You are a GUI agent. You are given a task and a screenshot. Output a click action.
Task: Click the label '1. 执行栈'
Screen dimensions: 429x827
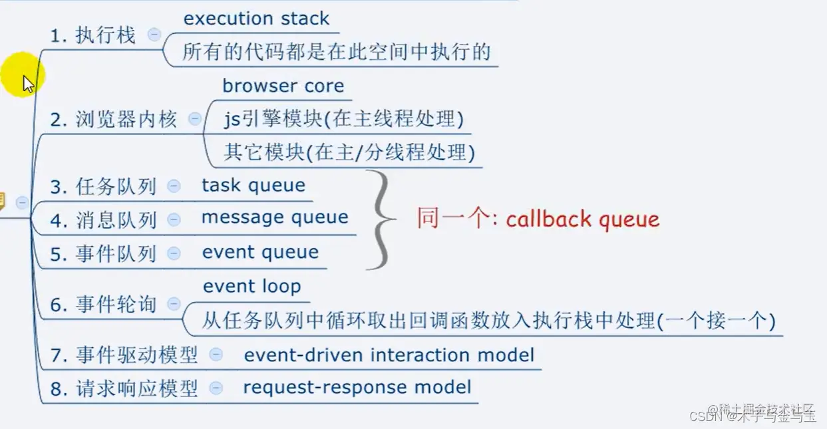click(x=92, y=35)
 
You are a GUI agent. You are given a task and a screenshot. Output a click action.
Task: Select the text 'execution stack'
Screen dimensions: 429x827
click(x=256, y=19)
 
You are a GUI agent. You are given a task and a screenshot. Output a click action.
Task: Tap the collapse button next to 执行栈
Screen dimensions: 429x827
click(x=154, y=35)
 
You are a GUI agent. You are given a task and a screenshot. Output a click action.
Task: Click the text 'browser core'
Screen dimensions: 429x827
click(x=283, y=86)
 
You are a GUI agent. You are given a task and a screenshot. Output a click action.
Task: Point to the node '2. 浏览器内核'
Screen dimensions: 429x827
click(x=114, y=120)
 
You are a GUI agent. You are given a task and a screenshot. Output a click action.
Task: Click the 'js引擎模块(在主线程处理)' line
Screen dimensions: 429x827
click(x=343, y=120)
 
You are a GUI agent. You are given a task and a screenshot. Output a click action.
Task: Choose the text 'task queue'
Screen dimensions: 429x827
click(x=253, y=186)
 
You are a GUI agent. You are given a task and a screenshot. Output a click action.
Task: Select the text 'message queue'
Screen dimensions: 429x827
click(x=274, y=217)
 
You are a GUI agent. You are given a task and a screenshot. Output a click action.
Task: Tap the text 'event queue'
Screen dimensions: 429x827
click(x=260, y=252)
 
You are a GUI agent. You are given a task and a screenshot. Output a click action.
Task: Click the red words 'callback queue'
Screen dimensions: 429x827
click(x=582, y=219)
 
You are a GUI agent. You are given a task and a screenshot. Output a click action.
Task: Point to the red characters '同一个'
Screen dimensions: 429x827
click(x=452, y=219)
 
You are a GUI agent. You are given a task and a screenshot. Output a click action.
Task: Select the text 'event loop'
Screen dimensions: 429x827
click(x=251, y=287)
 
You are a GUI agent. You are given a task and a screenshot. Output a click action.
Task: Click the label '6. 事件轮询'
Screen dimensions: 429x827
click(x=103, y=305)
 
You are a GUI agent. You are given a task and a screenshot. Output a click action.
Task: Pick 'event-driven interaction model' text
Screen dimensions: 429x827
click(x=389, y=355)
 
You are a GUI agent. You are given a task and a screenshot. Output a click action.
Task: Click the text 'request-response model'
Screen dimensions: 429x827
click(x=357, y=387)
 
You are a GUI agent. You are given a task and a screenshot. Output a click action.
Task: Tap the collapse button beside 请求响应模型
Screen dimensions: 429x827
click(x=216, y=387)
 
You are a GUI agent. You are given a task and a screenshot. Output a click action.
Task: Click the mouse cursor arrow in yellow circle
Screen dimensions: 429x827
click(x=27, y=83)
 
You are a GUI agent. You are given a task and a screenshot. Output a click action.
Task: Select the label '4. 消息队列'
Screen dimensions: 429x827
click(x=103, y=220)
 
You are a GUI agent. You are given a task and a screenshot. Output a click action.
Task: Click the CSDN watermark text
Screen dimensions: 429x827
click(x=752, y=416)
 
